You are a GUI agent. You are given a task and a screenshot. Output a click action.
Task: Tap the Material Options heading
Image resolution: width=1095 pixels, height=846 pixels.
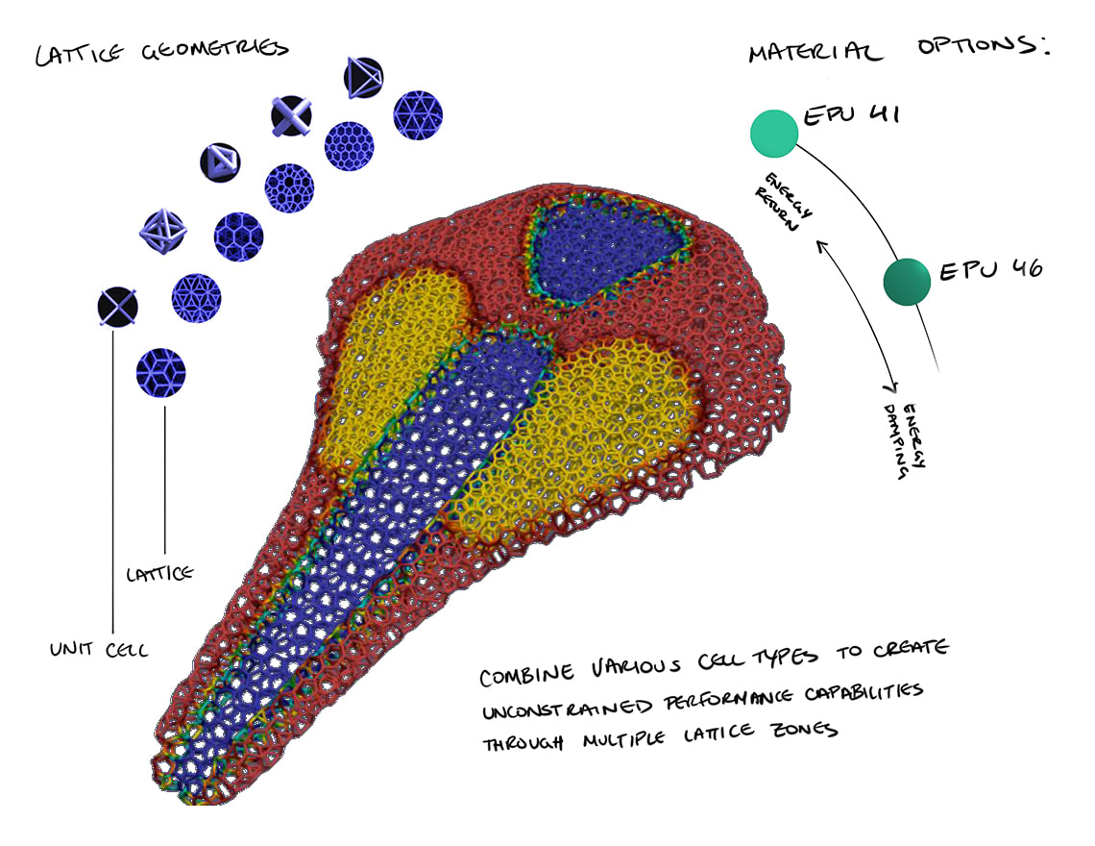(x=898, y=49)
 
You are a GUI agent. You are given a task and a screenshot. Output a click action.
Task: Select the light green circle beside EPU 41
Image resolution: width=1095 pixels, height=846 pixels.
(x=774, y=133)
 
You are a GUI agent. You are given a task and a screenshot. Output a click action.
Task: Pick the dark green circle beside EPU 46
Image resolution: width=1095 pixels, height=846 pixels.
(x=908, y=281)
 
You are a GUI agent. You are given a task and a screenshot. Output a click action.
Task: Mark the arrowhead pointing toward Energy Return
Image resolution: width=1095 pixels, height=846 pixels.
(x=821, y=247)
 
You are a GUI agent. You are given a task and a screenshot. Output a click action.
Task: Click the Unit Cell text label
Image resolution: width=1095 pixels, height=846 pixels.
(x=99, y=650)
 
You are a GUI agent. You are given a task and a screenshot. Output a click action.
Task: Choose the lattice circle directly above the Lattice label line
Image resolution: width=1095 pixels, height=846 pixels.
(x=160, y=368)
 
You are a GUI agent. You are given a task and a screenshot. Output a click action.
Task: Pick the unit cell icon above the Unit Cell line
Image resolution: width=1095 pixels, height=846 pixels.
(x=117, y=307)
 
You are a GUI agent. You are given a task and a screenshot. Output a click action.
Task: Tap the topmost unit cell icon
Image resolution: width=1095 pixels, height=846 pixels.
(x=363, y=76)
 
